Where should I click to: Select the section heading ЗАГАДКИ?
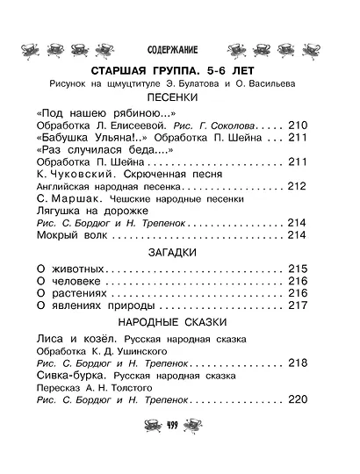pos(179,252)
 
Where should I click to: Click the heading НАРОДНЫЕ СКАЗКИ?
pos(179,320)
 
